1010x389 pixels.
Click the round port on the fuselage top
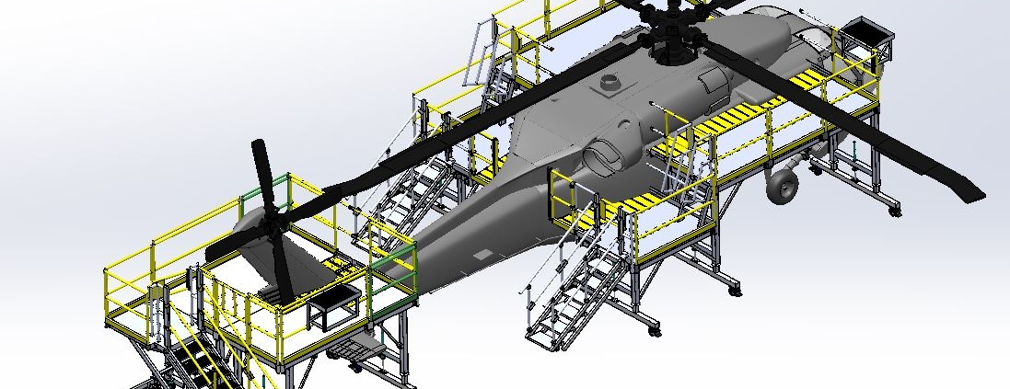pyautogui.click(x=610, y=83)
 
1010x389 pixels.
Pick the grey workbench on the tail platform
pyautogui.click(x=332, y=304)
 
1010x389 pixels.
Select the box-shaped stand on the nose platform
pyautogui.click(x=865, y=34)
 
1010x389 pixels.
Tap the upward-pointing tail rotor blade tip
pyautogui.click(x=260, y=149)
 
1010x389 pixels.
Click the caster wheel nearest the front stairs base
pyautogui.click(x=654, y=328)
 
